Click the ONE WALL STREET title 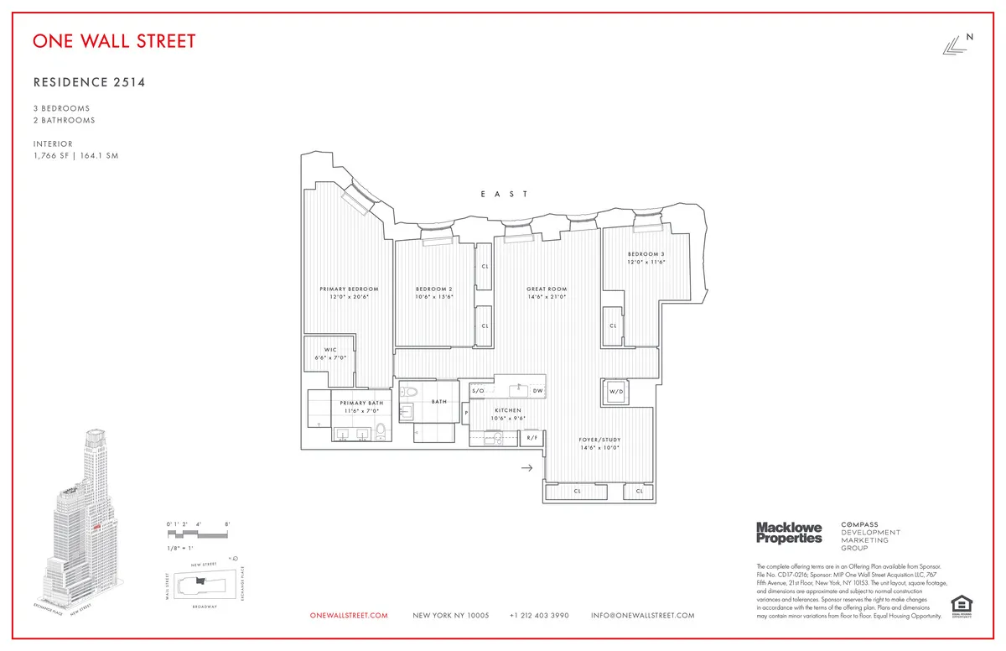click(x=115, y=40)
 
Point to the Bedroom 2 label click(x=433, y=289)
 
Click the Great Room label click(x=547, y=289)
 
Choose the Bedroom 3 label click(x=646, y=254)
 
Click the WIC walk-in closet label click(x=330, y=352)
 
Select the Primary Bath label click(x=361, y=404)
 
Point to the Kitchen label click(x=507, y=410)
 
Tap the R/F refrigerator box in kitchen click(x=532, y=437)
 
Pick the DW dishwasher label click(x=537, y=391)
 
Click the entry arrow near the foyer click(x=526, y=467)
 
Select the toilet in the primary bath click(x=380, y=431)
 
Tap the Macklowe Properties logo click(x=789, y=532)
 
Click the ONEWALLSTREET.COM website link click(x=349, y=616)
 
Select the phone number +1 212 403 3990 click(x=539, y=616)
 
